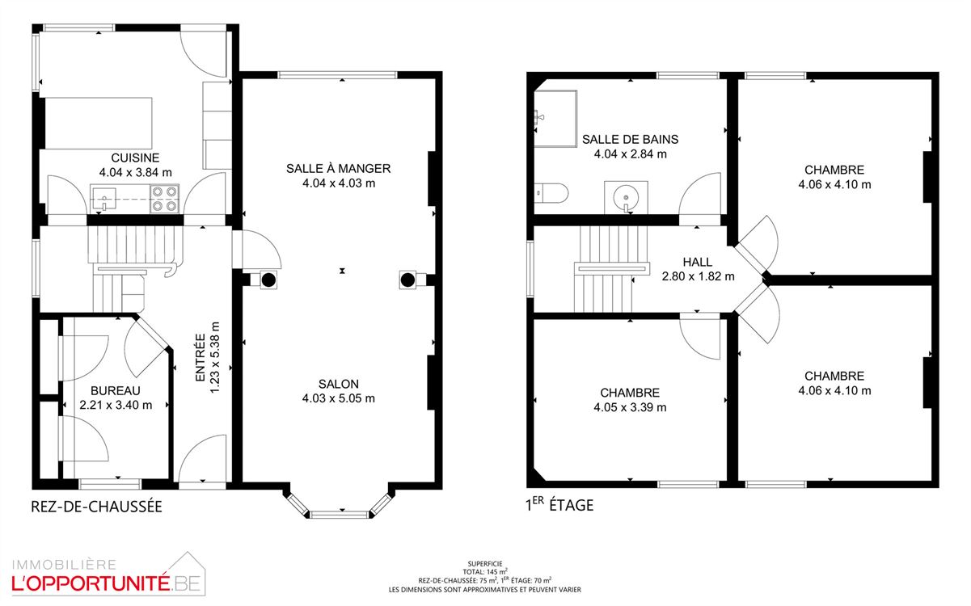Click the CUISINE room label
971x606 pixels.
pos(135,158)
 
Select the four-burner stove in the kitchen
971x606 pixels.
pos(164,199)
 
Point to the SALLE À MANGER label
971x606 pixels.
pos(338,169)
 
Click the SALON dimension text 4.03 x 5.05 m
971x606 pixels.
pos(338,398)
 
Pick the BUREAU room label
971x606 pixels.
pos(116,391)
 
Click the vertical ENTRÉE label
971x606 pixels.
pos(200,358)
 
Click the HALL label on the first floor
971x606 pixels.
pos(698,262)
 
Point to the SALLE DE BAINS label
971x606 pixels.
pos(630,140)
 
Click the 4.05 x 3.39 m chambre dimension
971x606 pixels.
pos(630,407)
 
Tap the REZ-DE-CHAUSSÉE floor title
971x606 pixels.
pos(96,507)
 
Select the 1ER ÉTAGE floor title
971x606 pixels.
pos(559,505)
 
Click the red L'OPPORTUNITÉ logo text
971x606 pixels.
pos(91,583)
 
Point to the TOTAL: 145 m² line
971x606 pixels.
pos(485,572)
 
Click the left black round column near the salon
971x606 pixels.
pos(268,280)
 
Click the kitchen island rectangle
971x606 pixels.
pos(99,124)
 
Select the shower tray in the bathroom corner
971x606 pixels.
pos(555,119)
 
